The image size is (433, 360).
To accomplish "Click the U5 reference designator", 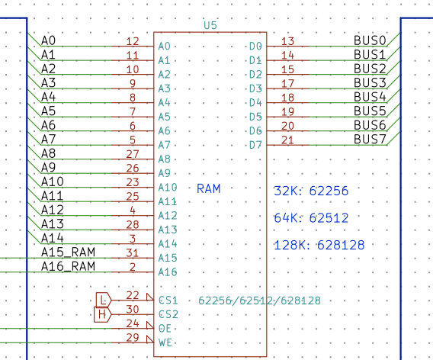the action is [x=210, y=25].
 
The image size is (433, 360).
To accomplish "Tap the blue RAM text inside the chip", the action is [x=208, y=189].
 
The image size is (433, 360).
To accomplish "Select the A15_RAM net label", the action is [x=68, y=252].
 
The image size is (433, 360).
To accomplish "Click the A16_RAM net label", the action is [x=68, y=266].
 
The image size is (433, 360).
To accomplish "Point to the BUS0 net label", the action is [x=370, y=40].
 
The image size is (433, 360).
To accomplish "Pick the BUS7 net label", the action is [x=370, y=140].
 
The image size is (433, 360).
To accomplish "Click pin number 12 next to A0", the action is [x=133, y=41].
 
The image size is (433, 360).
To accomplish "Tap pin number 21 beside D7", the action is [x=287, y=140].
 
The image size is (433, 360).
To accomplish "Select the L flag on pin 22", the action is [x=104, y=300].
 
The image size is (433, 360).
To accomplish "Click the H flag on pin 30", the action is [x=102, y=314].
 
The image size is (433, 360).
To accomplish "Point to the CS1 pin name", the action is [x=168, y=301].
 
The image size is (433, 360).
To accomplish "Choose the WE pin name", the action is [x=165, y=343].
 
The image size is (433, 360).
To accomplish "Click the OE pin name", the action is [x=165, y=329].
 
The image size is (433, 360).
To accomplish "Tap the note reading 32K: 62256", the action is [x=311, y=191].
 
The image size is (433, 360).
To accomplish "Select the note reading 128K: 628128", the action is [x=319, y=245].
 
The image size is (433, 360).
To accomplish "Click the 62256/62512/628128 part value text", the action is [x=260, y=301].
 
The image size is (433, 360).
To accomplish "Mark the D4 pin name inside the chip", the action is [x=255, y=103].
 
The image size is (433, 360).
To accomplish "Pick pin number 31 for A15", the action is [x=133, y=253].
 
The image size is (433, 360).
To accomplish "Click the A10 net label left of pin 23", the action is [x=53, y=182].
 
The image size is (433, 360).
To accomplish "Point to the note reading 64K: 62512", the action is [x=311, y=218].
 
